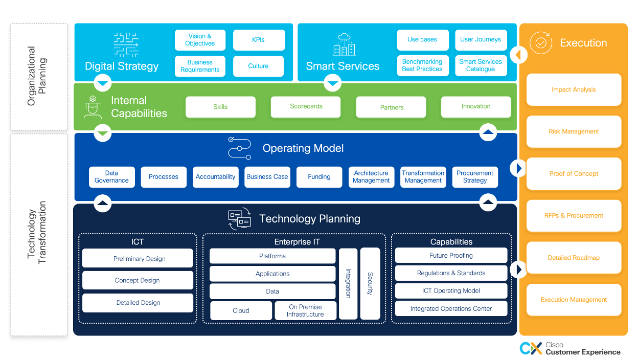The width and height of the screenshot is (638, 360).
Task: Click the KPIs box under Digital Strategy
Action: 259,40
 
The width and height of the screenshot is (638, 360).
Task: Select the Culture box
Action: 258,66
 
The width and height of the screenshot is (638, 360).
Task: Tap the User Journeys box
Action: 481,40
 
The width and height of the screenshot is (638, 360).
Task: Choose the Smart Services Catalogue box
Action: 481,65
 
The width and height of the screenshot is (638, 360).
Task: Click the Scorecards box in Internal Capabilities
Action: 306,107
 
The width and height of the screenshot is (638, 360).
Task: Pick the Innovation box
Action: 475,107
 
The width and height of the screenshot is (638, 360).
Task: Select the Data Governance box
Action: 111,177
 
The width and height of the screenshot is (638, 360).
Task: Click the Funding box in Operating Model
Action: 319,177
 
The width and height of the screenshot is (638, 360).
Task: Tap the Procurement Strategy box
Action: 475,177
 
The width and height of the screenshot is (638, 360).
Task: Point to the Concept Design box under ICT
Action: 138,280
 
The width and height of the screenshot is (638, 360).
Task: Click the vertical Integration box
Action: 348,283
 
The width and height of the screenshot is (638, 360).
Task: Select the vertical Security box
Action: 370,283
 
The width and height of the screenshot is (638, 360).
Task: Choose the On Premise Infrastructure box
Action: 305,311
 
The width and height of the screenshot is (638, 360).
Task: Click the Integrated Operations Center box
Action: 451,309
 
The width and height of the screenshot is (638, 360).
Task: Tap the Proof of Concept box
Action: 574,174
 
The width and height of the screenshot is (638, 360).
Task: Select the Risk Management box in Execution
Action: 574,132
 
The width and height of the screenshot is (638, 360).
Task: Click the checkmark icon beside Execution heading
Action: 540,43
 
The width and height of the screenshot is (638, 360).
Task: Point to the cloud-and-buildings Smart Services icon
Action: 344,44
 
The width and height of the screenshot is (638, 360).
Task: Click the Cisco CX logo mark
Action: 531,348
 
